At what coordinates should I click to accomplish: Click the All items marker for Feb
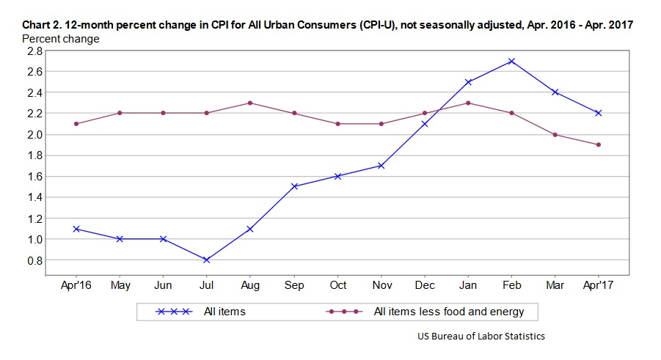(x=512, y=61)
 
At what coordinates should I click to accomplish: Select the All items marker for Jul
(x=206, y=260)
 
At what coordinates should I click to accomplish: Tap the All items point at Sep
(x=293, y=186)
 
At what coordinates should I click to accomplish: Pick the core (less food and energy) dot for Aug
(x=250, y=103)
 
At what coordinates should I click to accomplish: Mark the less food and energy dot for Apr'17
(x=599, y=144)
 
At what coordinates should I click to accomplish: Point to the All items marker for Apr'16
(x=76, y=229)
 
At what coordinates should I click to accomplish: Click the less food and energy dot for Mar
(x=555, y=134)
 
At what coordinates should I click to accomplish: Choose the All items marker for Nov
(x=381, y=166)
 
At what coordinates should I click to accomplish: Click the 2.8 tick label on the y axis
(x=34, y=51)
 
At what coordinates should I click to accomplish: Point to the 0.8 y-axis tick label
(x=34, y=260)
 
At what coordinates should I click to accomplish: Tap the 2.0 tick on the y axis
(x=34, y=134)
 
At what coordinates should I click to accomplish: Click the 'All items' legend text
(x=224, y=312)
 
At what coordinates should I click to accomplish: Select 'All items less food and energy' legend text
(x=449, y=312)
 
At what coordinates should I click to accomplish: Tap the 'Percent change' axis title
(x=61, y=38)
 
